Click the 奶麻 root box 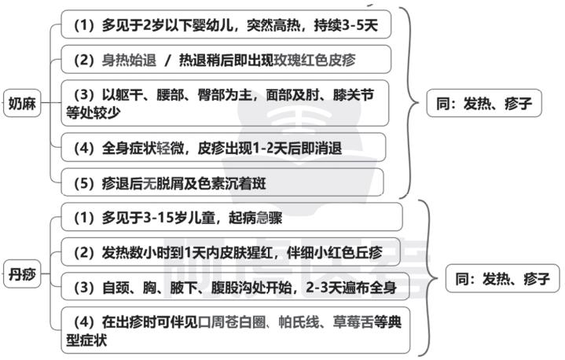[x=22, y=104]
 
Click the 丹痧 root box [x=22, y=274]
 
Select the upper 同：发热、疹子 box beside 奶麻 [x=484, y=104]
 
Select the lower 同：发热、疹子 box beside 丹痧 [x=503, y=278]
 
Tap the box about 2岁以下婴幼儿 [x=226, y=24]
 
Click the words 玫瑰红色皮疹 [x=314, y=60]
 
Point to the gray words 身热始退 [x=129, y=60]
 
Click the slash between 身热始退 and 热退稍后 [x=167, y=61]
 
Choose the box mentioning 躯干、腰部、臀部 [x=225, y=104]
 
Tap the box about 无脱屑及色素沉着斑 [x=222, y=182]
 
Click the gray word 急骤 [x=270, y=218]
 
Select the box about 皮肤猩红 [x=230, y=252]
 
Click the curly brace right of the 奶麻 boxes [x=411, y=103]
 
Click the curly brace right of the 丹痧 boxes [x=430, y=277]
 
